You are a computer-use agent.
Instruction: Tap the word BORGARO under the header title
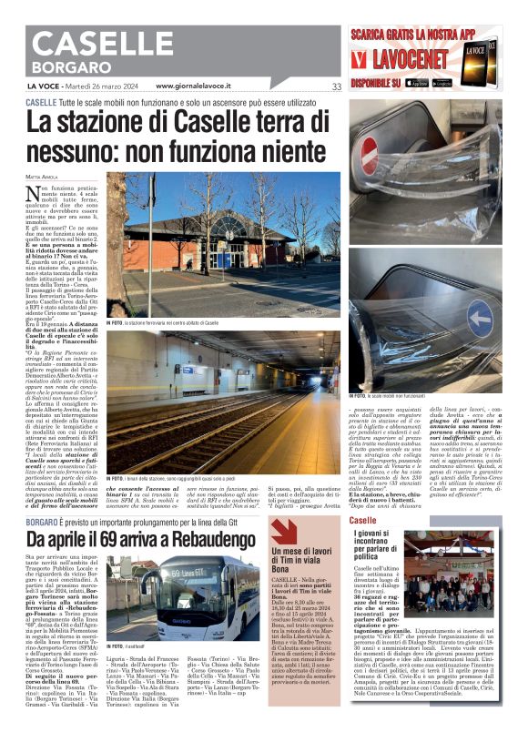pos(68,68)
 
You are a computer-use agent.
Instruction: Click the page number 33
pos(336,86)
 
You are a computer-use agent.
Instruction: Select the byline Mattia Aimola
pos(41,176)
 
